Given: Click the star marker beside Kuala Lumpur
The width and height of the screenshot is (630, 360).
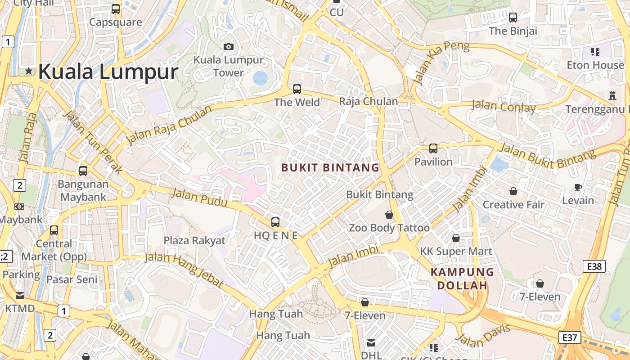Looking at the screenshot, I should click(x=29, y=71).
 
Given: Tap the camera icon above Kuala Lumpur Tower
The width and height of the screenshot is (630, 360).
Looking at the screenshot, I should click(x=229, y=46).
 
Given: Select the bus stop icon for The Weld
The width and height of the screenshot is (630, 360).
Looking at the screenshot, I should click(x=297, y=89).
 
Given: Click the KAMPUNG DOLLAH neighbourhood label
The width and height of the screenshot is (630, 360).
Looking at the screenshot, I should click(x=462, y=279).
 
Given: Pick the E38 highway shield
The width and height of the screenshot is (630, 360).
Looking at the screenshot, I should click(x=594, y=266).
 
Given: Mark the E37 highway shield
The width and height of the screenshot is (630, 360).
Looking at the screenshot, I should click(x=569, y=337).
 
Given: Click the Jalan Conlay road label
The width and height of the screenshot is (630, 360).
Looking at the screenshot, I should click(x=504, y=107).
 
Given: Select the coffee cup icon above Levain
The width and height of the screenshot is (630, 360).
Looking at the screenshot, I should click(x=578, y=187).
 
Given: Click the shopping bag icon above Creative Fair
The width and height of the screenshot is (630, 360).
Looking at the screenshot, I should click(x=513, y=191).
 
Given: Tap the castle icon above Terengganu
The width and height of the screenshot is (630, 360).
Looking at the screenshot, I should click(x=612, y=95).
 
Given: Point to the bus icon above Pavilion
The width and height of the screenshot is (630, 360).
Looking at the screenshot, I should click(x=433, y=148).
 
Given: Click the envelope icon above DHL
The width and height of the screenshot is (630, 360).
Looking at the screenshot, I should click(x=371, y=343).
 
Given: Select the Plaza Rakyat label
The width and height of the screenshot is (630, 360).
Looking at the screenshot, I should click(x=194, y=240).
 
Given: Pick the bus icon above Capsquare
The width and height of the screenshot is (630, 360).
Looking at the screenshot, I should click(x=116, y=9).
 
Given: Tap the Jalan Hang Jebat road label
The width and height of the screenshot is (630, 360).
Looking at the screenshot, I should click(x=184, y=270).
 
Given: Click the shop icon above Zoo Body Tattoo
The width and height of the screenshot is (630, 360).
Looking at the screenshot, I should click(x=389, y=215).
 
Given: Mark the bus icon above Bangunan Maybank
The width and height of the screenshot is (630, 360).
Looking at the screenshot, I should click(x=83, y=171).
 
